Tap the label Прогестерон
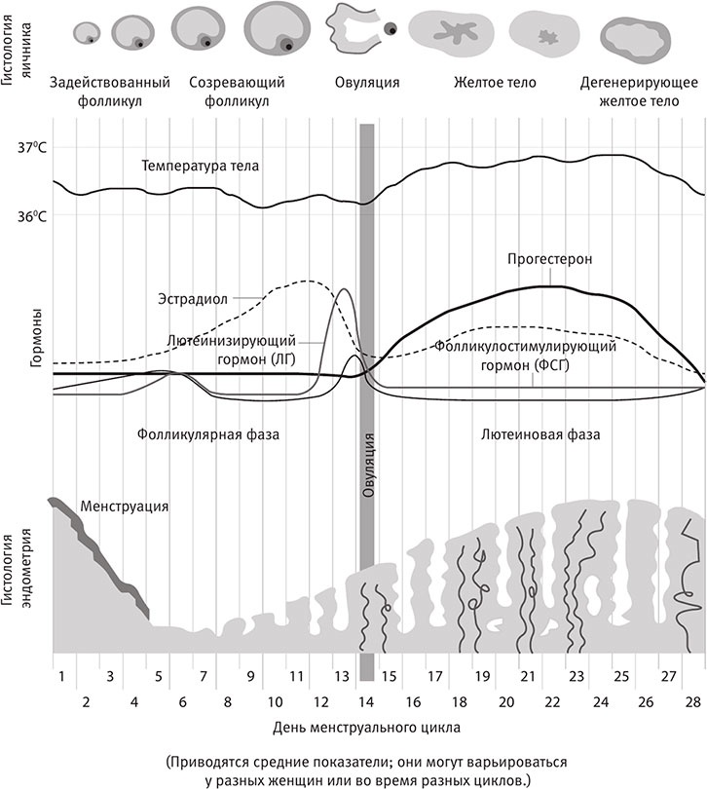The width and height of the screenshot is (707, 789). click(x=549, y=260)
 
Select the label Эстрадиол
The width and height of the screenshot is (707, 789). click(x=194, y=299)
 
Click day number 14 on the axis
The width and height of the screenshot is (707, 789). click(x=366, y=700)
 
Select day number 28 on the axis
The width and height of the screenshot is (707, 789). click(x=694, y=700)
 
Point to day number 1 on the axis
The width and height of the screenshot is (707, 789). click(x=60, y=675)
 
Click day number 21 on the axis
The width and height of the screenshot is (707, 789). click(x=528, y=675)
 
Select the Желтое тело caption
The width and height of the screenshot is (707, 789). click(x=495, y=83)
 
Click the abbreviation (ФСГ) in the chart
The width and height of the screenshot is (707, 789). click(x=548, y=365)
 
